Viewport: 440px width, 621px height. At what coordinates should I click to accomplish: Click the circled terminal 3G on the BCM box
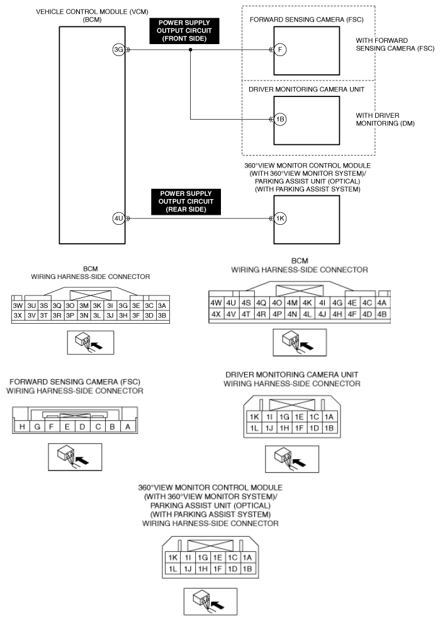pos(118,50)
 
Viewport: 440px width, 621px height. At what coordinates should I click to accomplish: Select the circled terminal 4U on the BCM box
pos(118,219)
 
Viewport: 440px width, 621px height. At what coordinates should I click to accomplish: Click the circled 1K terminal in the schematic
pos(281,219)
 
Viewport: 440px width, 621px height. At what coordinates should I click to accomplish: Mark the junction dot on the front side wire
pos(190,50)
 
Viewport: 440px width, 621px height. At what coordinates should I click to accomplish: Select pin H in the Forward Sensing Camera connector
pos(22,427)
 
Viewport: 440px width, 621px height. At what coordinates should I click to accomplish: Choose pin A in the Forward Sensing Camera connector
pos(128,427)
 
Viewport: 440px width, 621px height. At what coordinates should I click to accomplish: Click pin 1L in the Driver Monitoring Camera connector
pos(254,429)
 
